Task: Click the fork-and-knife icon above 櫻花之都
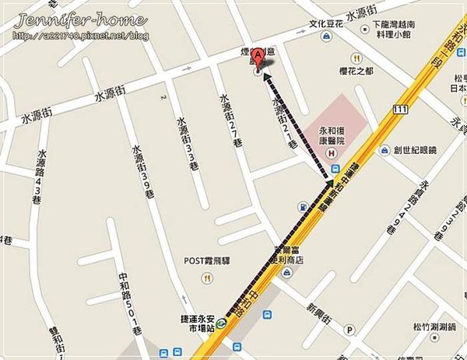356,58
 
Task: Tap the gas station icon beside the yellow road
302,208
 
